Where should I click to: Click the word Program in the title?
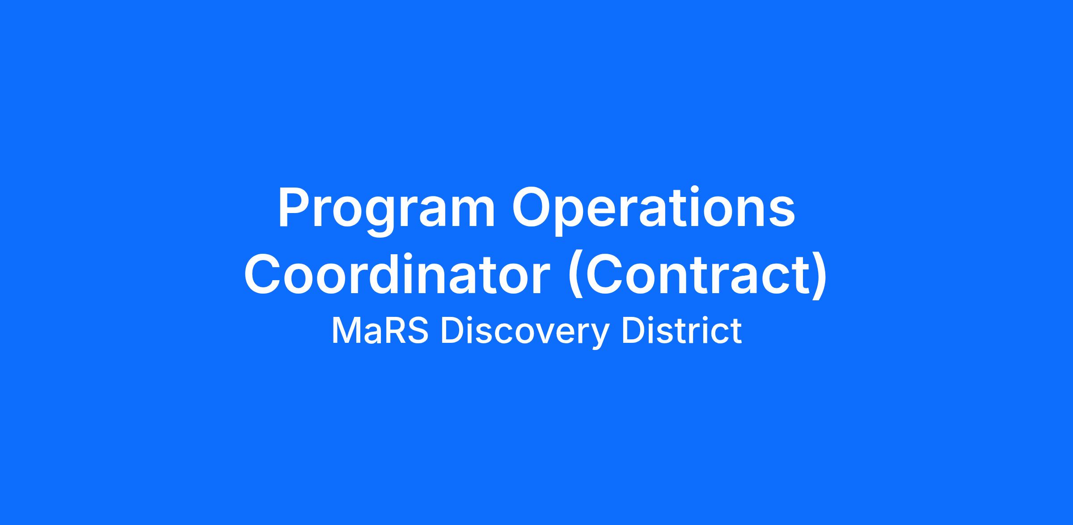pos(387,210)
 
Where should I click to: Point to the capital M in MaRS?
pos(345,331)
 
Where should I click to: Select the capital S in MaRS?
pos(418,331)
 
